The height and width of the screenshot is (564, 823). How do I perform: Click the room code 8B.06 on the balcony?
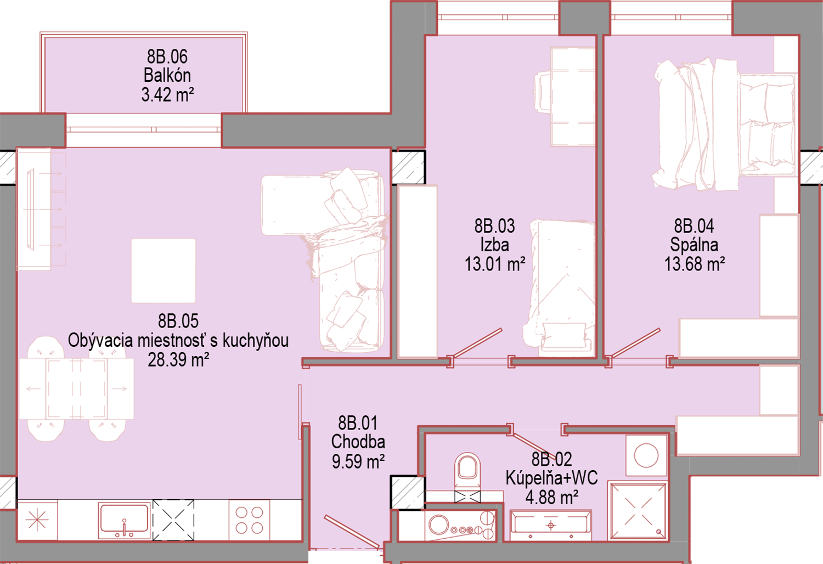click(x=167, y=57)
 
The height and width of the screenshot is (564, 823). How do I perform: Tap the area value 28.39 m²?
click(x=178, y=360)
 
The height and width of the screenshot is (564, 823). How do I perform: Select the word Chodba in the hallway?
click(x=358, y=442)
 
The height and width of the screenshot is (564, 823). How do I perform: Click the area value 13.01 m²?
click(x=495, y=264)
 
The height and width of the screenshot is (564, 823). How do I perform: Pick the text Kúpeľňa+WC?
click(x=551, y=478)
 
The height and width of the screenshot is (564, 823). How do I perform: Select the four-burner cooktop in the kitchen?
click(x=250, y=520)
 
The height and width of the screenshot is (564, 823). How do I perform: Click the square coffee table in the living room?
click(x=164, y=271)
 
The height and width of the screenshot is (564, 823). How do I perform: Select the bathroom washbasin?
click(x=550, y=526)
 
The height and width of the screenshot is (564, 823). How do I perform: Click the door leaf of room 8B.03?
click(x=476, y=342)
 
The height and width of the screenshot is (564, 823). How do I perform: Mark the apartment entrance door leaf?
click(x=352, y=532)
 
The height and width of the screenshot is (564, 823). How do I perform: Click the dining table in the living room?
click(x=76, y=389)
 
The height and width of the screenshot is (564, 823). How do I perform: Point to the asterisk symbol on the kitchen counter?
click(x=37, y=521)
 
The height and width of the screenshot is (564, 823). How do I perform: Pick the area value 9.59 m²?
click(x=358, y=461)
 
